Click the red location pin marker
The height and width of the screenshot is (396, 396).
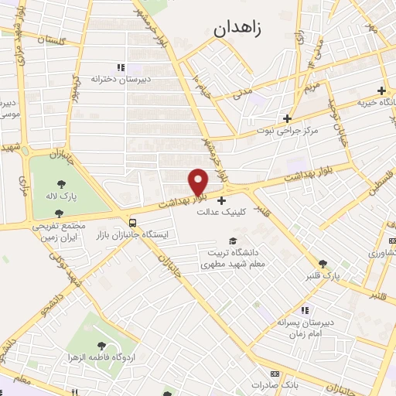198,181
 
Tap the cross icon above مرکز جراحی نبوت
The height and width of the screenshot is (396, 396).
288,118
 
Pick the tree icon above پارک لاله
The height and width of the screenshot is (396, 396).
61,183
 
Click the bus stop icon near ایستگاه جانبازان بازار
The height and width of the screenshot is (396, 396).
133,213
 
